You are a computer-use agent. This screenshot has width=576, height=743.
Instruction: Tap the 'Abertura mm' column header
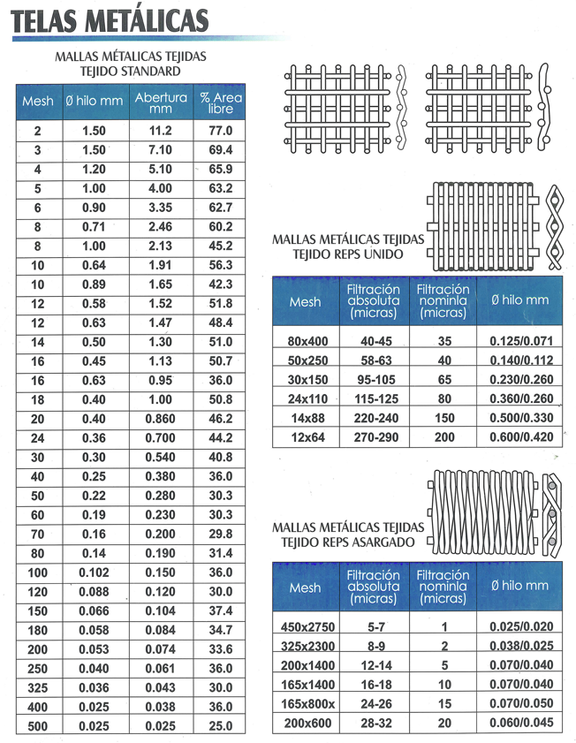pos(161,102)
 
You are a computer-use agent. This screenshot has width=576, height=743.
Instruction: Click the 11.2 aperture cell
pos(161,131)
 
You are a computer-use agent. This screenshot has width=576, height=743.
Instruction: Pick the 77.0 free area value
pos(220,131)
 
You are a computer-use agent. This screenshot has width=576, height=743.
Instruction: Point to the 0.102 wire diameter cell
pos(94,572)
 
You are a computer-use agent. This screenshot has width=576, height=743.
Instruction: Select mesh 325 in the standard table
pos(38,688)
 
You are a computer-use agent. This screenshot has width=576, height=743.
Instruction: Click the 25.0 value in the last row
pos(220,726)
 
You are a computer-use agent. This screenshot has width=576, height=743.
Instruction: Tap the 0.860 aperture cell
pos(161,419)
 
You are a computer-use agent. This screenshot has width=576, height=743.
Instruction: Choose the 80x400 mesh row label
pos(305,341)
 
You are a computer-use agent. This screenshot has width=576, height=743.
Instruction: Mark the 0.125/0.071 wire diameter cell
pos(519,341)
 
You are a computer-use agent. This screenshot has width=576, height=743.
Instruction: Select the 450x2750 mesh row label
pos(305,627)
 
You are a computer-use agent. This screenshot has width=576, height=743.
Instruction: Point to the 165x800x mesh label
pos(305,704)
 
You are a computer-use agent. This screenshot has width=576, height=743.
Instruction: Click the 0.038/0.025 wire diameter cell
pos(519,647)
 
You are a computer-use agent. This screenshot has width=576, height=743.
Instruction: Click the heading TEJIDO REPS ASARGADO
pos(350,542)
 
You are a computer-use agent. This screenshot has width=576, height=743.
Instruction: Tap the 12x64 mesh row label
pos(305,437)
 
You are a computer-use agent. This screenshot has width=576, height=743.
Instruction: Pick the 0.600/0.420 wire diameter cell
pos(519,437)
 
